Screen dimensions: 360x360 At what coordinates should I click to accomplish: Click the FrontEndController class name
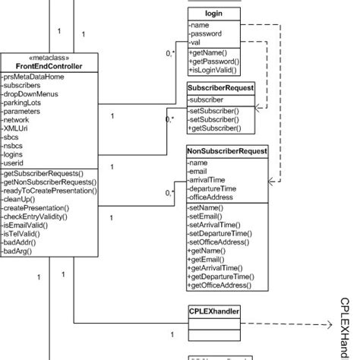coord(49,66)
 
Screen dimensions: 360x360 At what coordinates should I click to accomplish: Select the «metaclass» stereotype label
coord(49,58)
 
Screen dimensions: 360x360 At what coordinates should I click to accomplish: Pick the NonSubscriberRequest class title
coord(227,151)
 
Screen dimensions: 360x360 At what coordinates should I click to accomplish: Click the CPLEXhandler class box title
coord(215,311)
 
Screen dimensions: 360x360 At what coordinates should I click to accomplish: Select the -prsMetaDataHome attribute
coord(33,77)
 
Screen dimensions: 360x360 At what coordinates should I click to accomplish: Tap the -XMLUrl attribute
coord(20,128)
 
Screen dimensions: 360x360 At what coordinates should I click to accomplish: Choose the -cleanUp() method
coord(24,199)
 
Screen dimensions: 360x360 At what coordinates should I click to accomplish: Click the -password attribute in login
coord(207,34)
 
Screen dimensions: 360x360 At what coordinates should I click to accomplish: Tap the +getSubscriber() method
coord(215,128)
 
